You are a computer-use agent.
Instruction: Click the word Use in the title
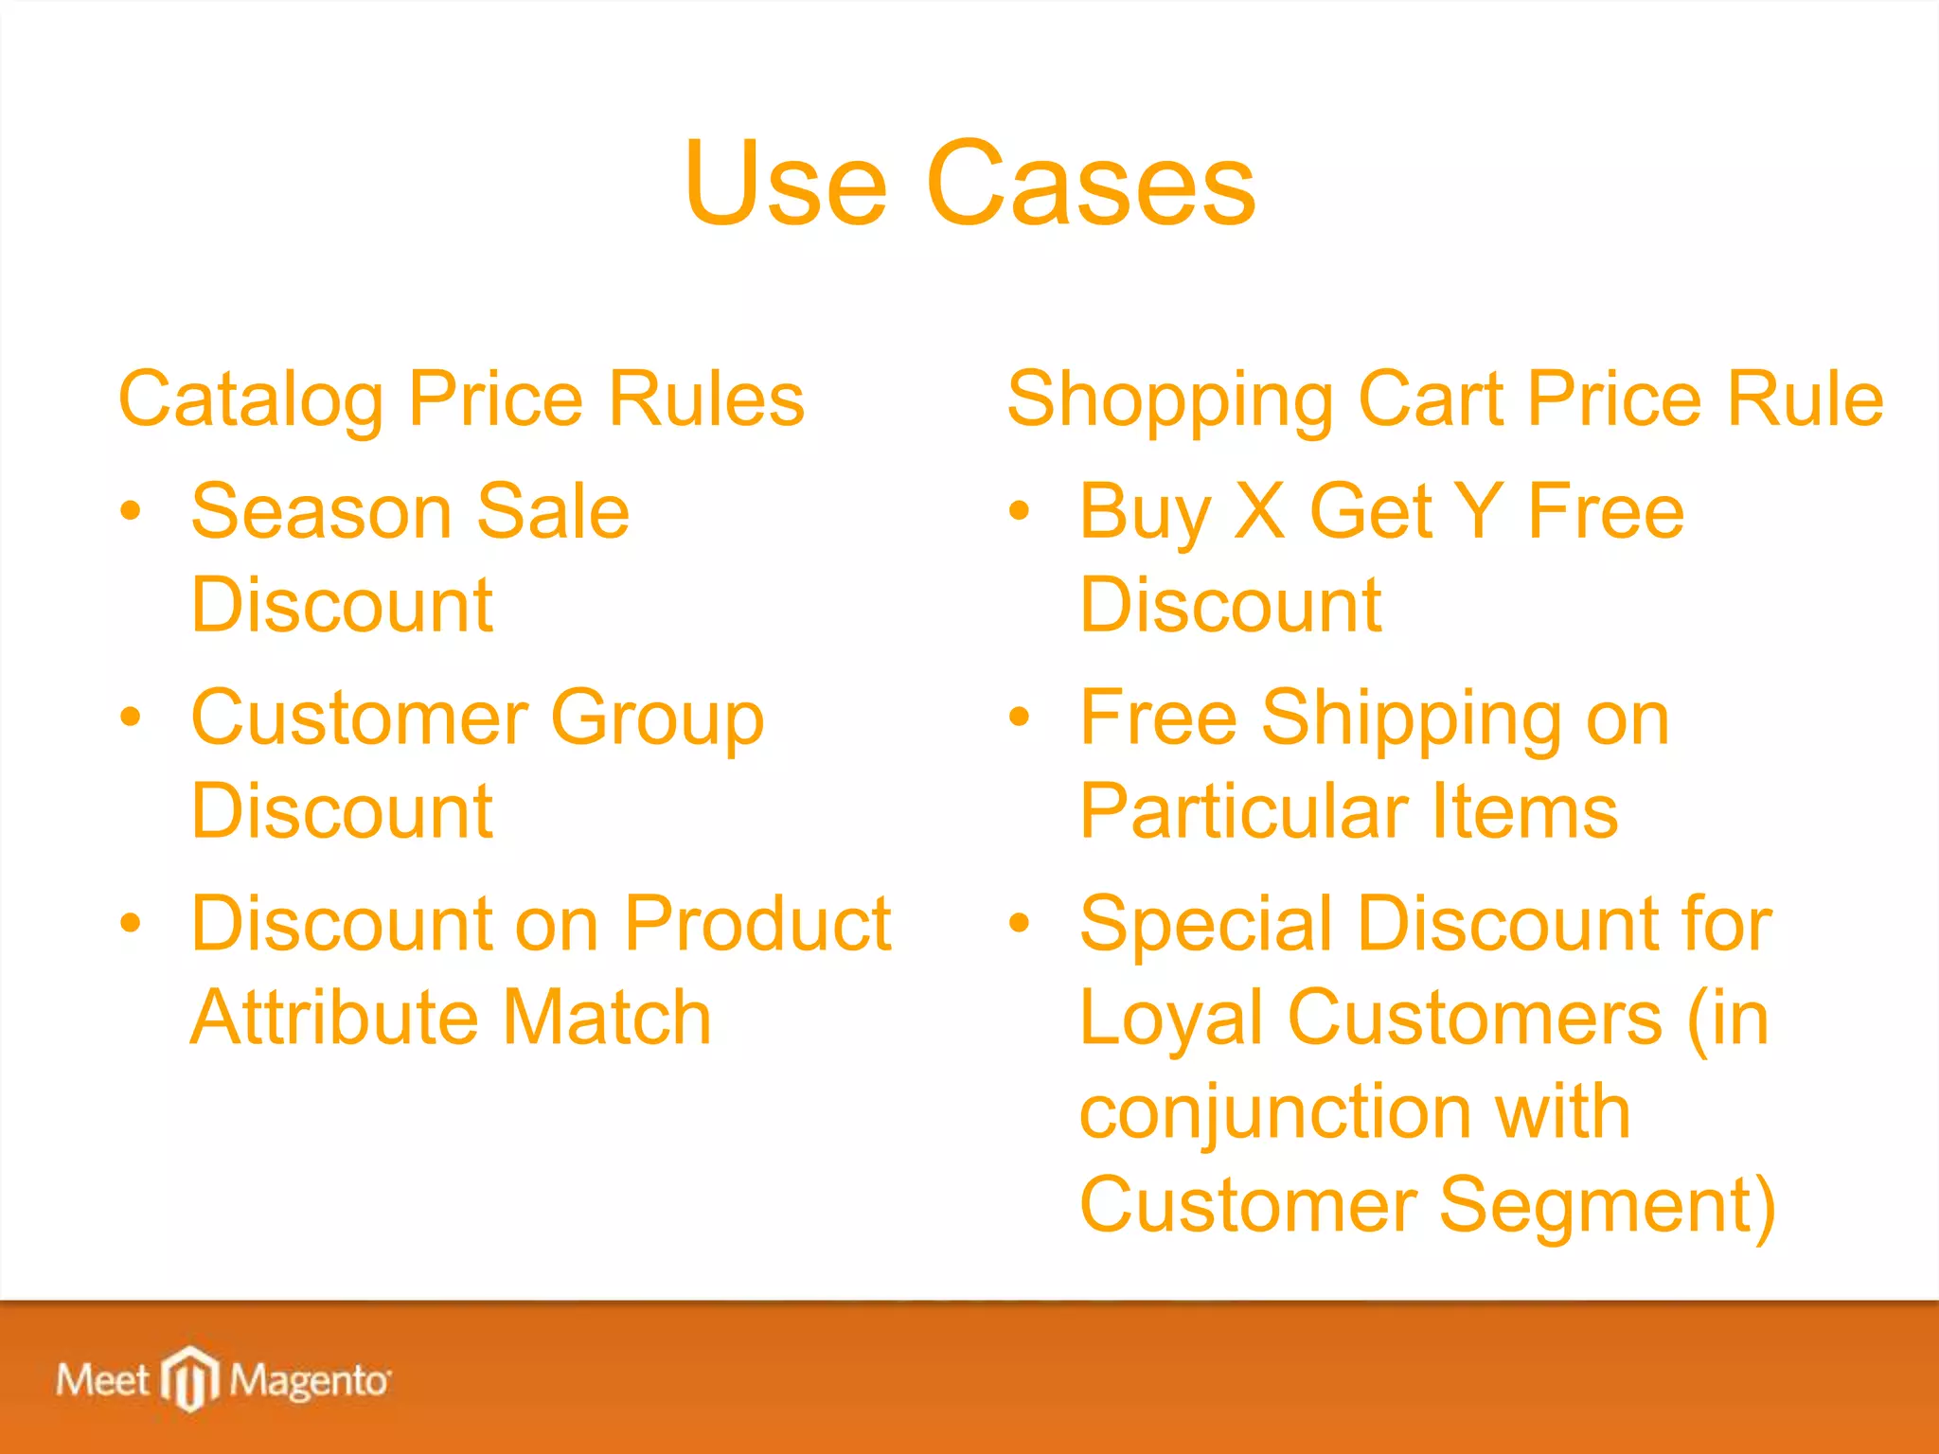point(785,184)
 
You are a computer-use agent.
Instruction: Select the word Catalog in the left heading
point(251,399)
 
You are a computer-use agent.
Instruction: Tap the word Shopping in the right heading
point(1170,399)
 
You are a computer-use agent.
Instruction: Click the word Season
point(321,511)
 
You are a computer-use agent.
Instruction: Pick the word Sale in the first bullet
point(553,511)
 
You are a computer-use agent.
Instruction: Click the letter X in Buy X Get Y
point(1260,511)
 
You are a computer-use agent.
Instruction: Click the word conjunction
point(1273,1112)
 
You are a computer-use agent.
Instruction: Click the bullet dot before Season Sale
point(131,512)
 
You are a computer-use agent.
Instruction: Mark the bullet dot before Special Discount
point(1019,923)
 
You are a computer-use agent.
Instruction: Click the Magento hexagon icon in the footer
point(190,1377)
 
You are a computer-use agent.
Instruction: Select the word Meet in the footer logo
point(102,1380)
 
